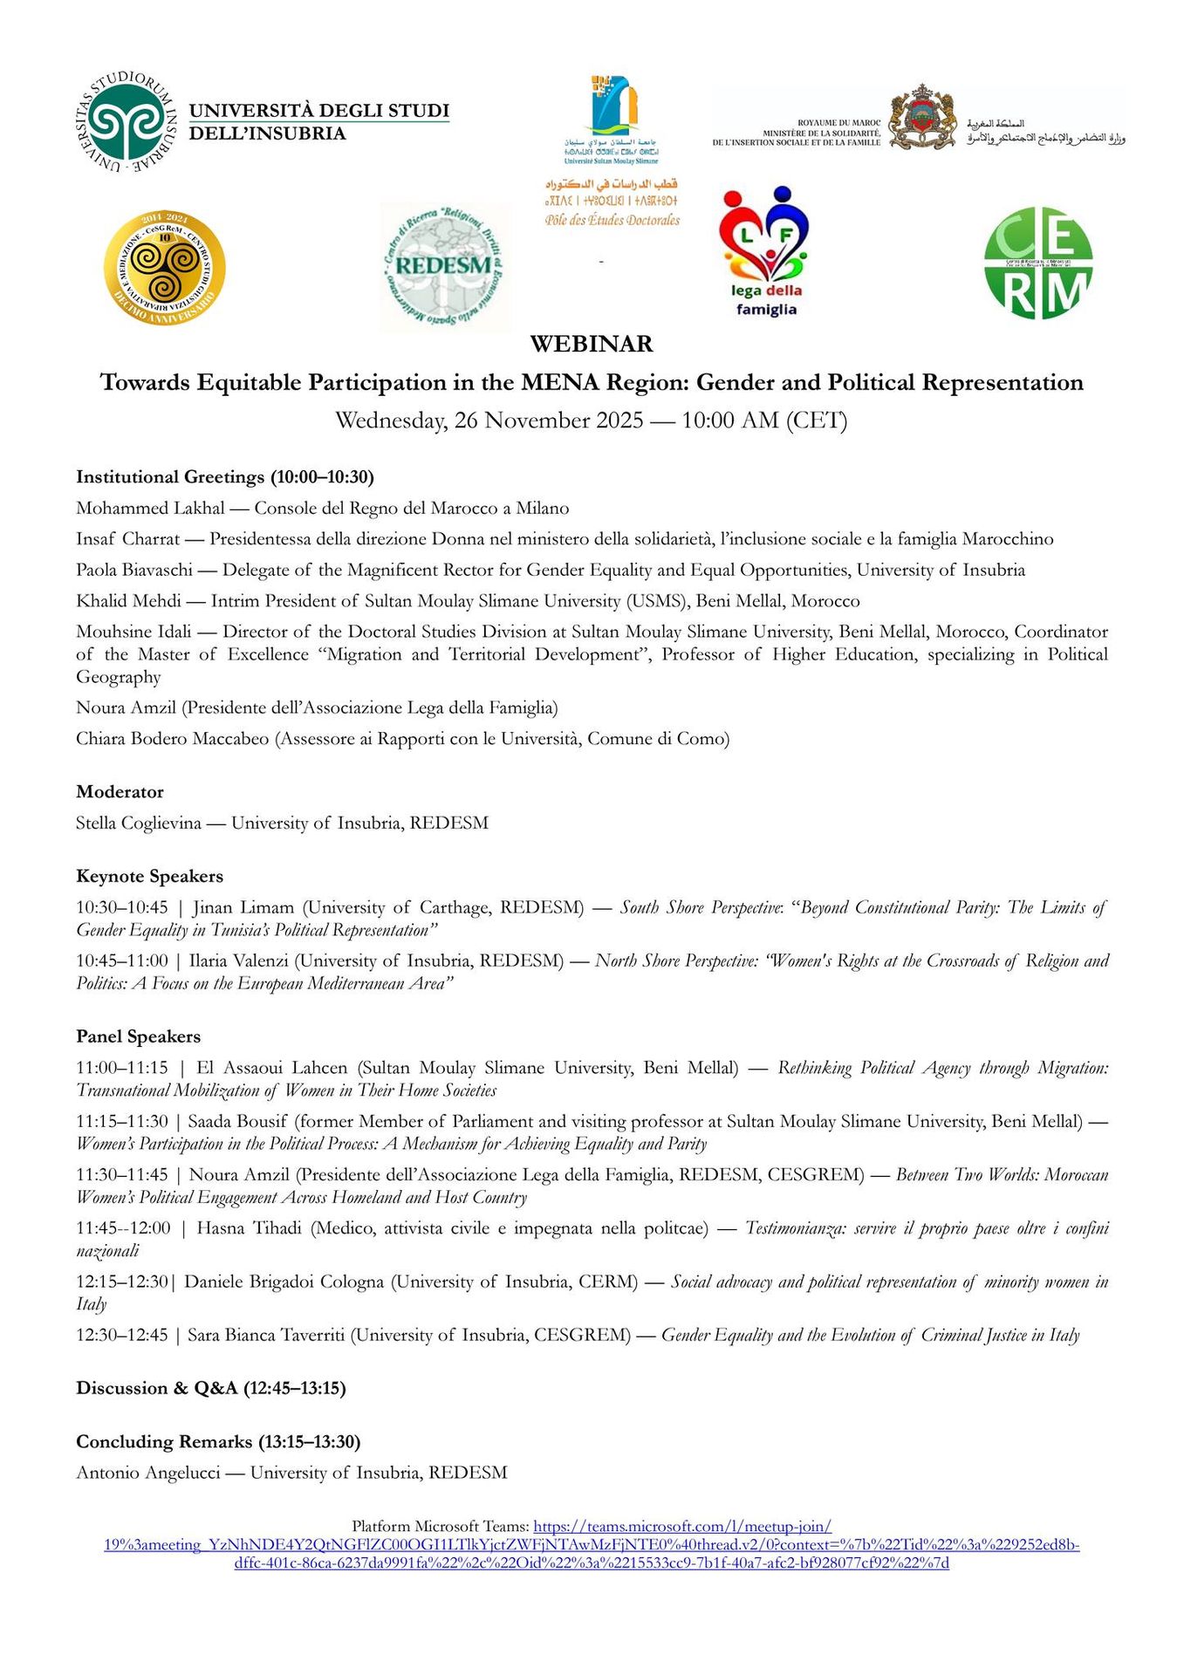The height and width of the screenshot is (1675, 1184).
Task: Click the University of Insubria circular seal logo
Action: (127, 122)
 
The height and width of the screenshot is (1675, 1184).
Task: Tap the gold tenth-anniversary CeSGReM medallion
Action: (164, 268)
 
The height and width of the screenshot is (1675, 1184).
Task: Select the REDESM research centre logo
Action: (444, 267)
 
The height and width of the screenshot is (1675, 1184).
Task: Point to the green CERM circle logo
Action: (1038, 263)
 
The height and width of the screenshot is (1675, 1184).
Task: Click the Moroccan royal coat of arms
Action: (923, 118)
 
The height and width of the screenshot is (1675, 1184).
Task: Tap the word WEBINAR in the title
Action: (592, 344)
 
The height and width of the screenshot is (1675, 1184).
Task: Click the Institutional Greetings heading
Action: (224, 477)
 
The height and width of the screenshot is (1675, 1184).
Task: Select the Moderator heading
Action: (120, 792)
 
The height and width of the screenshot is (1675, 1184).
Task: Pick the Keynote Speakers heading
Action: (149, 877)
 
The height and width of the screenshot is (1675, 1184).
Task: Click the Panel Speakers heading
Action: (138, 1037)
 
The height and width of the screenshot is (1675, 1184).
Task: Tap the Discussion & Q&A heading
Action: (210, 1388)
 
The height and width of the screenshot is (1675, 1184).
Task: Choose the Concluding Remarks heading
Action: (218, 1441)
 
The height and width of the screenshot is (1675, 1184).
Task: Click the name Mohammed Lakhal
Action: (150, 509)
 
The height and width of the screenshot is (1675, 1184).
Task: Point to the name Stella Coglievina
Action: (138, 824)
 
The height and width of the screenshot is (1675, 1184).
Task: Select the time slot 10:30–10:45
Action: (121, 908)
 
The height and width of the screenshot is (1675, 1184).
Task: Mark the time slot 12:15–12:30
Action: (121, 1282)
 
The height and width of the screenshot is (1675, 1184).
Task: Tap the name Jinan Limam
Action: (243, 908)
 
